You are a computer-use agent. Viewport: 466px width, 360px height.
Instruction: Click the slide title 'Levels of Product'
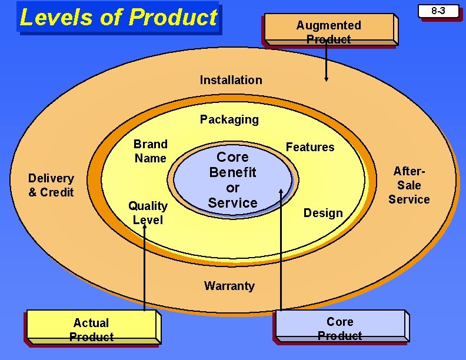coord(118,18)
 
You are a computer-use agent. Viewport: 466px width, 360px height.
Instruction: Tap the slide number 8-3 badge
coord(438,11)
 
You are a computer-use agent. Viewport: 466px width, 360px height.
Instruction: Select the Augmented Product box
coord(328,32)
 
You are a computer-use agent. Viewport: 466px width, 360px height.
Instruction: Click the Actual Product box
coord(91,329)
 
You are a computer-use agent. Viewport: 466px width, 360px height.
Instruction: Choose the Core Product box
coord(339,328)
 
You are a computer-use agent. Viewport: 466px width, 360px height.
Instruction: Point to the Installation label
coord(231,80)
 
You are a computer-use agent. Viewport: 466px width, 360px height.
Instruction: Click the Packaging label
coord(229,119)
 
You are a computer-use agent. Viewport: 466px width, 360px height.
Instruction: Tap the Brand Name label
coord(151,151)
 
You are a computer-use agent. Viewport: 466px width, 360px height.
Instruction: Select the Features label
coord(310,147)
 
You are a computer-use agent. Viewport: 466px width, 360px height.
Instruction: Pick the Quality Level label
coord(148,212)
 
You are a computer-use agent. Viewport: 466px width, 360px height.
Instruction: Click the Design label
coord(323,213)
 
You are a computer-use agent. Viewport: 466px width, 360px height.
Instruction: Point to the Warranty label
coord(229,286)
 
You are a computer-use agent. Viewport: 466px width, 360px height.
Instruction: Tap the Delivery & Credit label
coord(51,185)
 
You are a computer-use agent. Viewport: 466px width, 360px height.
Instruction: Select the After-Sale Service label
coord(409,185)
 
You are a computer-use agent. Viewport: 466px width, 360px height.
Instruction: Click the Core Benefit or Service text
coord(232,180)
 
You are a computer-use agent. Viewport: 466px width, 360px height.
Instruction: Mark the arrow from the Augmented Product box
coord(327,62)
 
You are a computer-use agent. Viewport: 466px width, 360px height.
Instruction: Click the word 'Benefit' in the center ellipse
coord(233,172)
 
